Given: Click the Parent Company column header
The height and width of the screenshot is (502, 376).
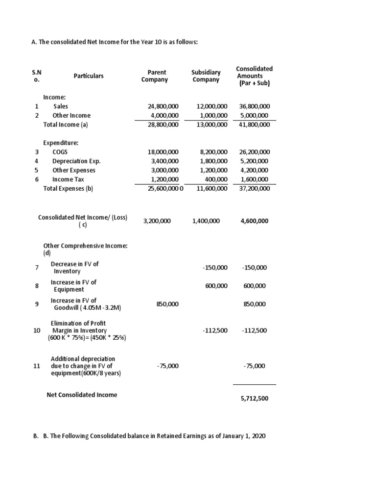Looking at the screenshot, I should point(154,76).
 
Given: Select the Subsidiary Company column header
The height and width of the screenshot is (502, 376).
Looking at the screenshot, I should point(206,76).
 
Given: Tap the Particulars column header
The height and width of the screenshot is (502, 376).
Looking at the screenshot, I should point(89,76).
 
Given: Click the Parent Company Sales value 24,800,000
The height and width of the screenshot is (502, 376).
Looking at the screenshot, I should point(163,106).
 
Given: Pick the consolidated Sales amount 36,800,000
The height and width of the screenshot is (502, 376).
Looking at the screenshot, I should point(254,106).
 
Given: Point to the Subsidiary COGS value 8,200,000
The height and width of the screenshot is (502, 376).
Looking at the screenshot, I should point(212,152).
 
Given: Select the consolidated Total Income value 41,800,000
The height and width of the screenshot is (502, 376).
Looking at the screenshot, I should point(254,125).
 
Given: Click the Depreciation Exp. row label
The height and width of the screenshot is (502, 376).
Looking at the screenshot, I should point(76,161).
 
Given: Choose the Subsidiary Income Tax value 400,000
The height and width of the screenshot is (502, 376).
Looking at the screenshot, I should point(215,179).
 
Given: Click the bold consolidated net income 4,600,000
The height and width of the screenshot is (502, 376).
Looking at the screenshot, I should point(254,221).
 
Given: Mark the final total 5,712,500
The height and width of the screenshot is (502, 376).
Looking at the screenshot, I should point(254,399).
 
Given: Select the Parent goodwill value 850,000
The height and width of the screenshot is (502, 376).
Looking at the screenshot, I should point(167,304).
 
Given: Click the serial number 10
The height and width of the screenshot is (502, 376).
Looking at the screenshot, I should point(37,330).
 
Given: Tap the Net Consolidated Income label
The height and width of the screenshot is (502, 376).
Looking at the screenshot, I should point(82,395).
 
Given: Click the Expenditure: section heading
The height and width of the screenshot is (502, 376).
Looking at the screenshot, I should point(61,143).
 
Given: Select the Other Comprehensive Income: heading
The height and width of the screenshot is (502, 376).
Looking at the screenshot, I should point(85,246).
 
